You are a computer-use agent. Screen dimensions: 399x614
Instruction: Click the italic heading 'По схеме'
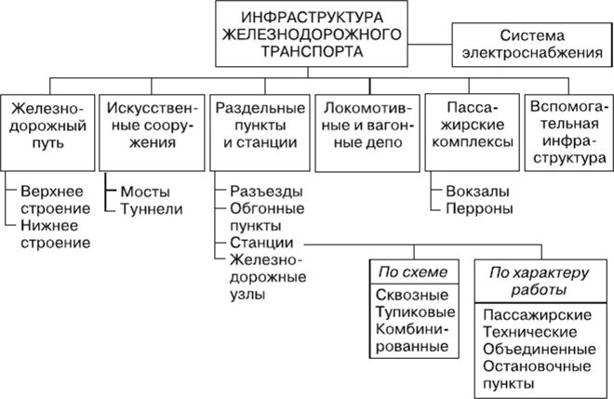point(409,273)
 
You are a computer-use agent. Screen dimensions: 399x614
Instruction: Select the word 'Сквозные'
point(409,294)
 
